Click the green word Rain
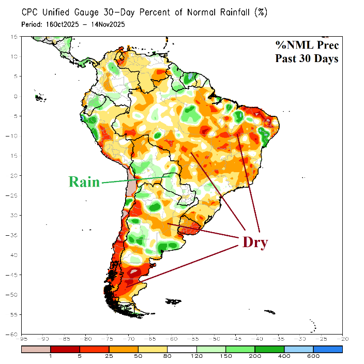tap(84, 182)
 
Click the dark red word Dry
tap(255, 242)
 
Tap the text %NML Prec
tap(307, 45)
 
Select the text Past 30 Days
tap(307, 58)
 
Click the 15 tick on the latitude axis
tap(15, 37)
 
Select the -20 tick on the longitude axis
tap(341, 339)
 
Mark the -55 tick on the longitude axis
tap(193, 339)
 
